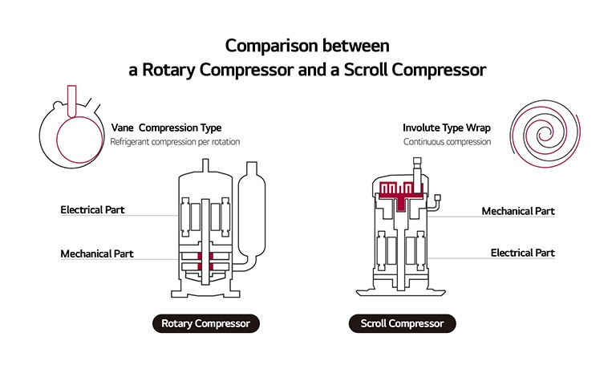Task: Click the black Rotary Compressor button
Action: click(x=206, y=324)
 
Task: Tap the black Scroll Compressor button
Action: click(x=403, y=324)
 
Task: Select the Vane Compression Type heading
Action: click(x=166, y=128)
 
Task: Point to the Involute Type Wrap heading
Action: click(x=448, y=128)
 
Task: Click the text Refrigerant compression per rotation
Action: click(x=175, y=142)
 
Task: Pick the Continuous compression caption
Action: click(x=447, y=142)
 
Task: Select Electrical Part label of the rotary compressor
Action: click(x=93, y=210)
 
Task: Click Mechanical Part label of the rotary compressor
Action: click(x=97, y=253)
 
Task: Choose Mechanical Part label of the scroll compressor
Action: click(x=518, y=211)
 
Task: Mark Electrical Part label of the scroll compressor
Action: click(x=522, y=253)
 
